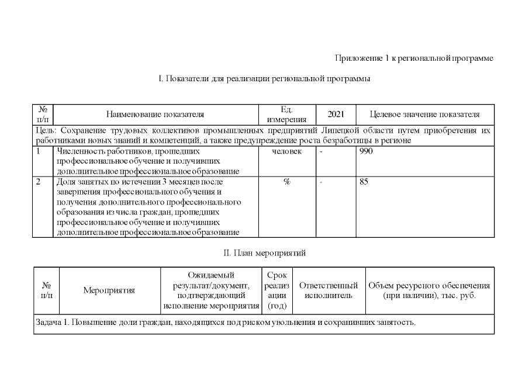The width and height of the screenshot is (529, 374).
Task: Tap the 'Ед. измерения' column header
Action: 286,115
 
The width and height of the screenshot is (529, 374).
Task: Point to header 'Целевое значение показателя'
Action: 425,115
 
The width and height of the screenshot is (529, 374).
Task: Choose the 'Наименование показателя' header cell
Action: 155,115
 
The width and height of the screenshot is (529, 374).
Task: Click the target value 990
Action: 366,151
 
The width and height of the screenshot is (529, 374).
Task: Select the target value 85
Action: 364,182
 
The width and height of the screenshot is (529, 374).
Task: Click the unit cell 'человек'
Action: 286,151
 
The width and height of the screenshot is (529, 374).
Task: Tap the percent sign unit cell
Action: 286,182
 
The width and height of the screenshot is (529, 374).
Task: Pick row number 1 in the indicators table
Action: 38,151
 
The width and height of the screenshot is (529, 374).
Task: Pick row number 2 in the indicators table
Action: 38,182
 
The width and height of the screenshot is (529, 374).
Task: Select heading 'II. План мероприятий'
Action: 264,253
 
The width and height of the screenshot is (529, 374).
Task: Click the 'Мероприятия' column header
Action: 109,290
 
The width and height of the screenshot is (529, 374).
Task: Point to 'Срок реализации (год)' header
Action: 276,290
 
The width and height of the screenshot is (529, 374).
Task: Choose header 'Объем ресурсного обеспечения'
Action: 429,286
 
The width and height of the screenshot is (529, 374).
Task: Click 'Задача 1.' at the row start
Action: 51,323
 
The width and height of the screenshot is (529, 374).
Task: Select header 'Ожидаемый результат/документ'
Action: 211,280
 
